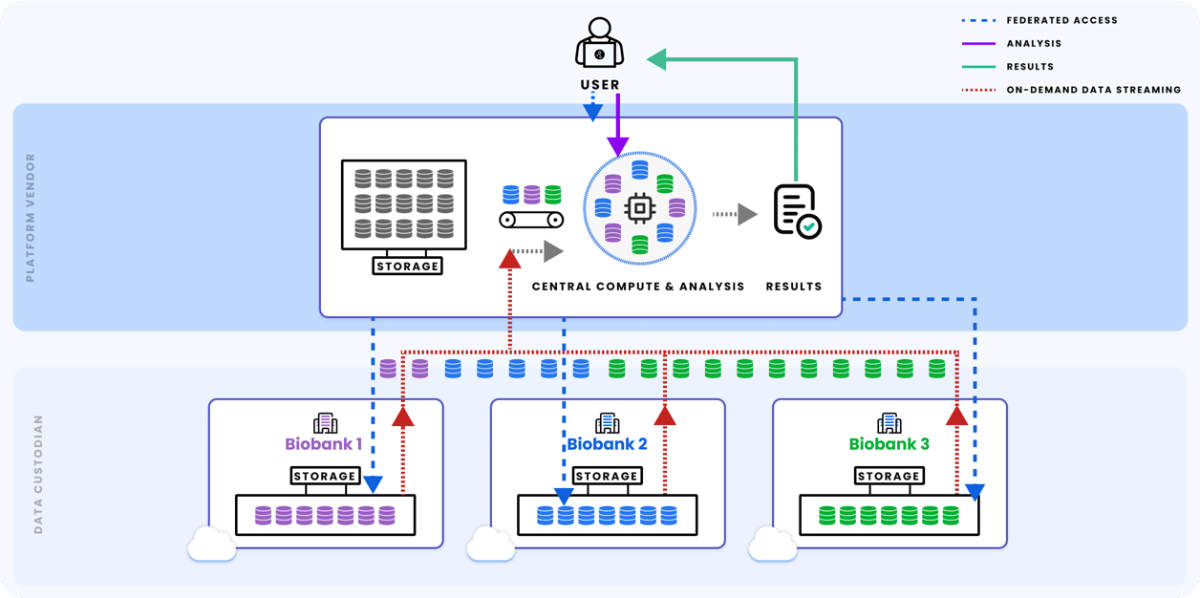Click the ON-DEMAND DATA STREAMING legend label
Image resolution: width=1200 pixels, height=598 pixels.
pos(1093,90)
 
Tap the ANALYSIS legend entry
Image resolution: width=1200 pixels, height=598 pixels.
pos(1034,43)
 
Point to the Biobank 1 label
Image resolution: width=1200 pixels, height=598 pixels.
pos(323,444)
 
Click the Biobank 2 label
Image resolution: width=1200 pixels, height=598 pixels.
pos(607,444)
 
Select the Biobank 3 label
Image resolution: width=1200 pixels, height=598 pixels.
pos(889,444)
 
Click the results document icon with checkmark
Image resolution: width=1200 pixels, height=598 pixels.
pos(796,211)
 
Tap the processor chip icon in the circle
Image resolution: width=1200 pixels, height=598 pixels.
pos(639,208)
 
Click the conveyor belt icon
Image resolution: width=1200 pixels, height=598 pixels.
pos(531,220)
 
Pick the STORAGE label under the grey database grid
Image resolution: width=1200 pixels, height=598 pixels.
pos(407,266)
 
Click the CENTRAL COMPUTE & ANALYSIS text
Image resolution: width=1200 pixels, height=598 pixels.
pos(637,287)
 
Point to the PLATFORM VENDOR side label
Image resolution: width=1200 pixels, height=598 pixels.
pos(31,218)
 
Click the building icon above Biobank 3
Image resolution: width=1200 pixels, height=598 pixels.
pos(889,422)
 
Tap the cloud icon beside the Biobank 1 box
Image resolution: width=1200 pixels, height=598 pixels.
pos(211,545)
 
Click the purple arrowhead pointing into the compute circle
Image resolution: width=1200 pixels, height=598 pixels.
pos(618,145)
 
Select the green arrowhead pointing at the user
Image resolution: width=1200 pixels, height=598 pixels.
pos(657,59)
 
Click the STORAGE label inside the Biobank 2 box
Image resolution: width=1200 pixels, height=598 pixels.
pos(607,476)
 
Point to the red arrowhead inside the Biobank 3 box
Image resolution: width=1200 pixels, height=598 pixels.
pos(956,415)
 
